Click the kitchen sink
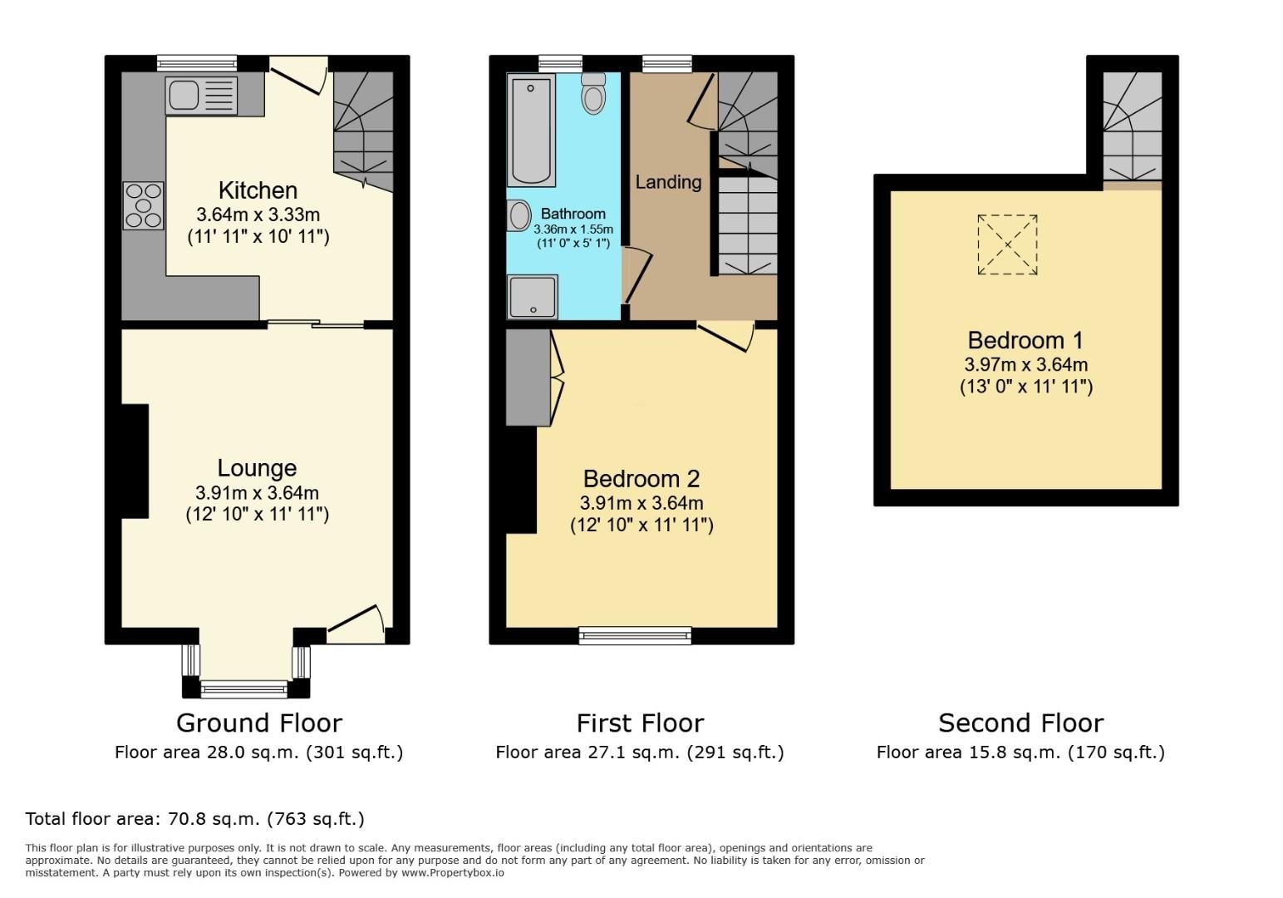(201, 95)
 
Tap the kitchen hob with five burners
(143, 205)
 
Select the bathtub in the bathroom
(531, 130)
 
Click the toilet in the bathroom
(593, 93)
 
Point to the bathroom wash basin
(519, 215)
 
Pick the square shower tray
(532, 297)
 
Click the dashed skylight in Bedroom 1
(1007, 244)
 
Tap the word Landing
(668, 182)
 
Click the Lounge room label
(257, 468)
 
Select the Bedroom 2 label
(641, 478)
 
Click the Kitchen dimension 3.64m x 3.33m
(258, 215)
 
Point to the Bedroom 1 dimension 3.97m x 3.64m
(1026, 364)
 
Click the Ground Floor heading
(259, 723)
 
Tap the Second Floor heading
(1021, 723)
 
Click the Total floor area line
(194, 819)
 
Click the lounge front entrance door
(356, 625)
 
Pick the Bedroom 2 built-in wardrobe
(528, 377)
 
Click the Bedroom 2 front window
(635, 635)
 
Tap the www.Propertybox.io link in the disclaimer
(453, 873)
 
